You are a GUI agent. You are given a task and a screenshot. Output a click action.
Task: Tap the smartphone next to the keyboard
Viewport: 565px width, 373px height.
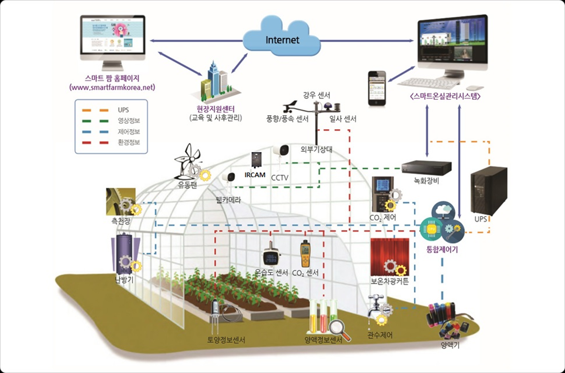(377, 89)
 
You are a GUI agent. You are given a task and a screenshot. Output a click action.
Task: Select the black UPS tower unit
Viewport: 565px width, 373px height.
(488, 191)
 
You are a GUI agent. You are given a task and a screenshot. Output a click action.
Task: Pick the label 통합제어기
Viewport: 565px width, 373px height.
(442, 250)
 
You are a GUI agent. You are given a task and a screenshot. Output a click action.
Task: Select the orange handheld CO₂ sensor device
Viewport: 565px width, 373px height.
(305, 254)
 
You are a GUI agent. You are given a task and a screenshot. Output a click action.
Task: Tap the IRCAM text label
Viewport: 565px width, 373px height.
(255, 175)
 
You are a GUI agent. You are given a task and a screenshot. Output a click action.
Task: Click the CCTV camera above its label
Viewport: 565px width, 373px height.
(281, 152)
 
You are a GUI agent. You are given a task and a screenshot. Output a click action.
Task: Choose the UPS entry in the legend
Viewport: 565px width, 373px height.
(123, 110)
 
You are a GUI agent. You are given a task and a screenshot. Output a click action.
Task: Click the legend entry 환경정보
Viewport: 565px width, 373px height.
(129, 142)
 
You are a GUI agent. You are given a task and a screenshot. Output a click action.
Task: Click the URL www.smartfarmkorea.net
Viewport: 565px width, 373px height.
(112, 87)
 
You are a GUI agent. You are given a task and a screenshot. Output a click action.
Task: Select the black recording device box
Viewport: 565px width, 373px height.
(426, 167)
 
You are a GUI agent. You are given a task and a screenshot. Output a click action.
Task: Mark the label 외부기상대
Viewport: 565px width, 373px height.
(316, 150)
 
